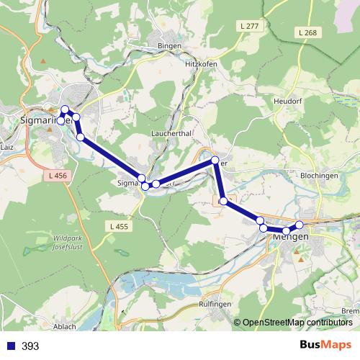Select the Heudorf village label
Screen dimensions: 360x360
(287, 102)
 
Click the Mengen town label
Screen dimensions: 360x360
(292, 236)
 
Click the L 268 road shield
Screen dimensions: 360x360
(306, 33)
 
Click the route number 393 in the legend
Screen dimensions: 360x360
(30, 346)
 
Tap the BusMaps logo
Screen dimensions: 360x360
(325, 345)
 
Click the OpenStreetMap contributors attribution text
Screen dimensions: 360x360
(297, 323)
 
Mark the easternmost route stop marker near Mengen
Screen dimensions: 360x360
(300, 224)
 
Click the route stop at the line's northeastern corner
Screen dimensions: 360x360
(215, 161)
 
